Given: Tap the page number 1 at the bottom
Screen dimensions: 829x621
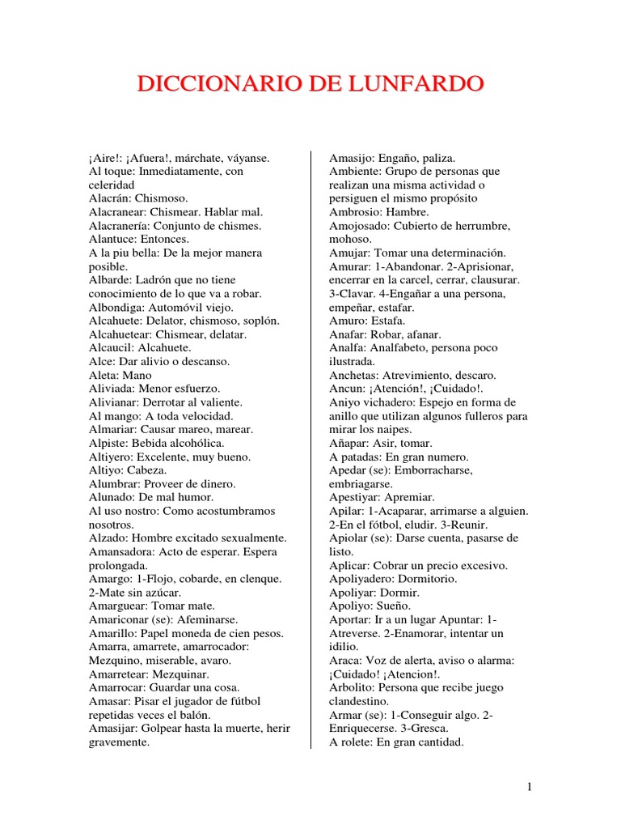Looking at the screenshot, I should click(x=529, y=786).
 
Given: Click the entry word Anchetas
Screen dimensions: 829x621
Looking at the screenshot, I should click(x=355, y=376).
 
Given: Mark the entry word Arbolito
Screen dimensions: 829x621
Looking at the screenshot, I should click(x=354, y=688).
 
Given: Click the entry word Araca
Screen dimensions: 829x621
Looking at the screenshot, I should click(x=345, y=661).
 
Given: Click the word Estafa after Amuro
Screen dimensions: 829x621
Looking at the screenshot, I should click(x=388, y=321).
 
